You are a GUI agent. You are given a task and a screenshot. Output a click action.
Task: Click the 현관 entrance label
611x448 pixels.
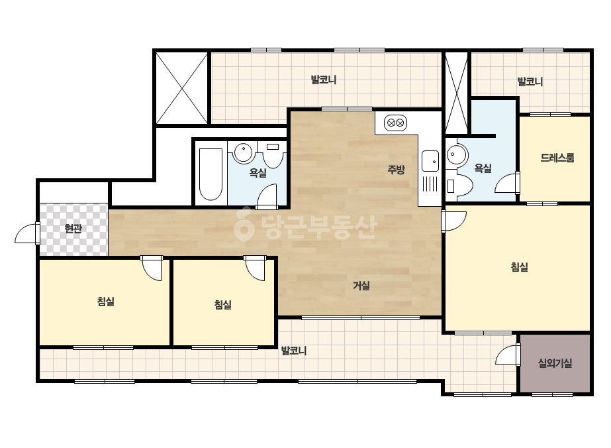coord(73,228)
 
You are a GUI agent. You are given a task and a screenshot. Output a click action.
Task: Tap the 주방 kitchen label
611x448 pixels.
coord(397,169)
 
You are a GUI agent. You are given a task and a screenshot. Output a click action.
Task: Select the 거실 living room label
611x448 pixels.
coord(361,286)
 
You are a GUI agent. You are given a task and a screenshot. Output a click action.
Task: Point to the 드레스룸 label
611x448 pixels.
coord(557,158)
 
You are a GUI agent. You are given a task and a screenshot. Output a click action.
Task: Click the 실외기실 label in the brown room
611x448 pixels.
coord(555,363)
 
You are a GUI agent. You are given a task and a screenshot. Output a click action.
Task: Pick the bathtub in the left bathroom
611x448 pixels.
coord(211,174)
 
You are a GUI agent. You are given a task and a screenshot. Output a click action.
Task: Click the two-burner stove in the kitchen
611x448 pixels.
coord(395,123)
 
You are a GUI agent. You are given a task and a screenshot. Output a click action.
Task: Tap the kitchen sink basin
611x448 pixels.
coord(430,161)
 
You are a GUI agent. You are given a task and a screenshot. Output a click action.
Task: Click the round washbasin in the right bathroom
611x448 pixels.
coord(457,155)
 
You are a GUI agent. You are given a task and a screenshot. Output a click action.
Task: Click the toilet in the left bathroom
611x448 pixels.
coord(273,154)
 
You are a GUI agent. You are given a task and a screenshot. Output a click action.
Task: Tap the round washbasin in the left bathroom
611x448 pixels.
coord(243,153)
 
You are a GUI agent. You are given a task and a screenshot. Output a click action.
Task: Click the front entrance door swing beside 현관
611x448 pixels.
coord(28,233)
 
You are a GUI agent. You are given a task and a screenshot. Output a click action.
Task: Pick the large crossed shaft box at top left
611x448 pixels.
coord(181,88)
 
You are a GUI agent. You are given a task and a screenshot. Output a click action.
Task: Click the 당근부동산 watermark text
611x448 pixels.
coord(306,227)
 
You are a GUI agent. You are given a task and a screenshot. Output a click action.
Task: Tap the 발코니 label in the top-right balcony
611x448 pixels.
coord(530,82)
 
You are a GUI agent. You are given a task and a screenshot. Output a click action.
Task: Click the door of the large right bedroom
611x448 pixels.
coord(453,221)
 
